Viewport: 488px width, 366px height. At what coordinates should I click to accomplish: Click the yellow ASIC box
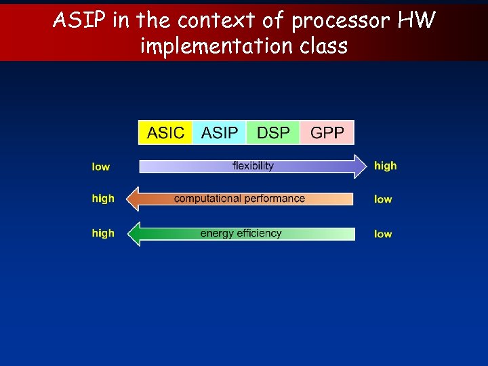(x=165, y=132)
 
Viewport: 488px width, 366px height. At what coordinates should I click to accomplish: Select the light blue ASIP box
(x=219, y=132)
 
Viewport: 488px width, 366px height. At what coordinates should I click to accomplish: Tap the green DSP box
(x=273, y=132)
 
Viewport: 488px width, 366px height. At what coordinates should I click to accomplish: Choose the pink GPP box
(x=327, y=132)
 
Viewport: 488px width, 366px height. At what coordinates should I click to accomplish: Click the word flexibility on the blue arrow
(x=253, y=166)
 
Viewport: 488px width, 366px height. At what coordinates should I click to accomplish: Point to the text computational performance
(x=239, y=199)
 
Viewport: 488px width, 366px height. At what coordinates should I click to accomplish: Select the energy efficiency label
(x=241, y=233)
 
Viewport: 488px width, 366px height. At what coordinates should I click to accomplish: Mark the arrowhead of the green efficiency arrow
(x=134, y=234)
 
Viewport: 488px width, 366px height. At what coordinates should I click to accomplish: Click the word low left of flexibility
(x=101, y=167)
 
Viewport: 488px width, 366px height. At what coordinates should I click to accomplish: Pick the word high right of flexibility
(x=385, y=165)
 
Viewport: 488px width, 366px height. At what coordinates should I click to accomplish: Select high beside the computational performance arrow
(x=103, y=199)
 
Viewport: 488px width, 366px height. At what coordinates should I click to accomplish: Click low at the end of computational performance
(x=383, y=199)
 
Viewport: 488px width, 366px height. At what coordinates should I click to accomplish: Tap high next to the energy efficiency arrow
(x=103, y=233)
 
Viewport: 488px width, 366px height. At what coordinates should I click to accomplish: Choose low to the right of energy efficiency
(x=383, y=234)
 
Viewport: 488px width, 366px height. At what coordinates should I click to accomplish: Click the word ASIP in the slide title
(x=80, y=21)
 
